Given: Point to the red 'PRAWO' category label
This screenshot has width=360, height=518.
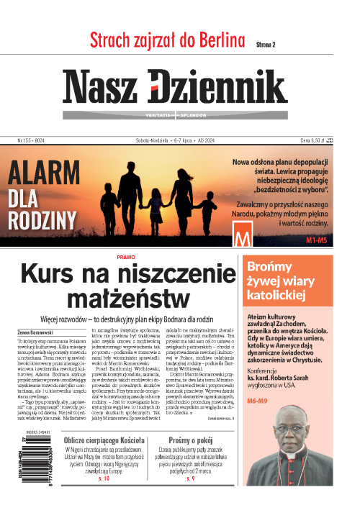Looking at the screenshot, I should pyautogui.click(x=125, y=257).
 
